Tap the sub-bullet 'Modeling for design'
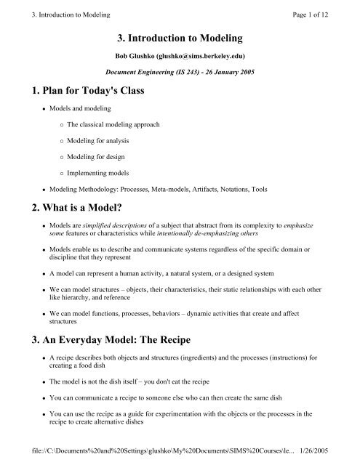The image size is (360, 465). (92, 174)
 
